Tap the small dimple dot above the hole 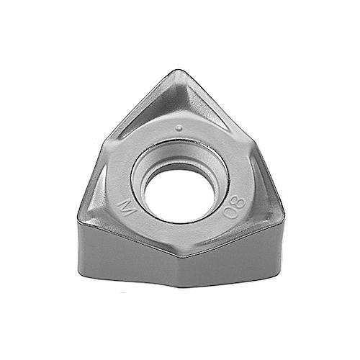pos(179,128)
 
